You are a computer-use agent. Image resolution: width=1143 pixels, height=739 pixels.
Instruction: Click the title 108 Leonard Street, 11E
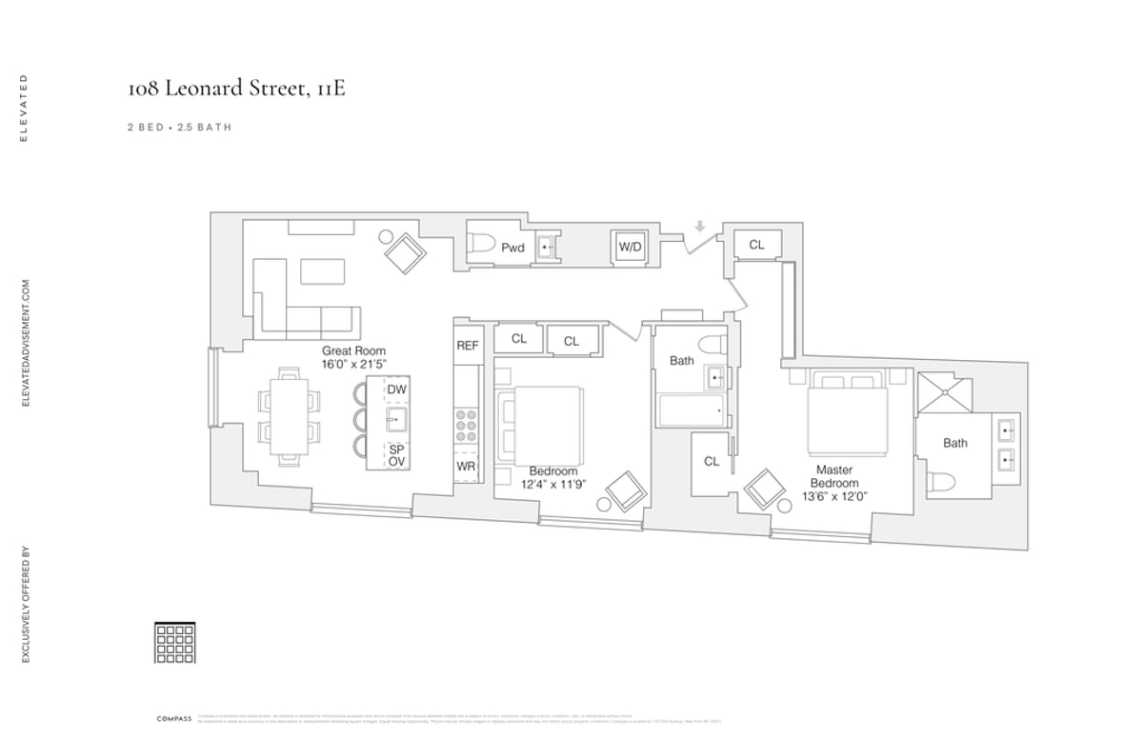(x=229, y=90)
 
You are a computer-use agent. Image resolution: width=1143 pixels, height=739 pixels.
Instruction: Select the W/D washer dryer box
(x=630, y=248)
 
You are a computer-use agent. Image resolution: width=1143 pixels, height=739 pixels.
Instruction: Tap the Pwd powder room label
(x=512, y=248)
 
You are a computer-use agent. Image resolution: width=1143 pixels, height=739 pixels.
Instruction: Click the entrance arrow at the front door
(x=699, y=227)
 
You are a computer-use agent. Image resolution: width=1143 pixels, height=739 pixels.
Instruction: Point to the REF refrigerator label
(x=467, y=346)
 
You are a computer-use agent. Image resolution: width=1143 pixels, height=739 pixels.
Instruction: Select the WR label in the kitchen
(x=466, y=467)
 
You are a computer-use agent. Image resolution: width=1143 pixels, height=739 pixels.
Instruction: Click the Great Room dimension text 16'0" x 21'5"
(x=353, y=365)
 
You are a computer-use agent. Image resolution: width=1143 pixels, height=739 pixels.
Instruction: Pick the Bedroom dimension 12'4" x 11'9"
(x=552, y=484)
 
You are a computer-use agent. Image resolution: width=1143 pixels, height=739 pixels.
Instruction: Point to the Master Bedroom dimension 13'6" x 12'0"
(x=833, y=495)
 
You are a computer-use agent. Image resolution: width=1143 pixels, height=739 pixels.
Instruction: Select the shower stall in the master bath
(x=944, y=391)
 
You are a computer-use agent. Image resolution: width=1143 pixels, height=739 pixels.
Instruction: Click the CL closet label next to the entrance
(x=756, y=245)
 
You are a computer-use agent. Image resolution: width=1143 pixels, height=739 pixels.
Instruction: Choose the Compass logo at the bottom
(x=174, y=717)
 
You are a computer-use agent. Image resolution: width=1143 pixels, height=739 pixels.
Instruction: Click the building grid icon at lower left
(x=174, y=642)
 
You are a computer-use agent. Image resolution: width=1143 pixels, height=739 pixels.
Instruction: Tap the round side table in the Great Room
(x=386, y=236)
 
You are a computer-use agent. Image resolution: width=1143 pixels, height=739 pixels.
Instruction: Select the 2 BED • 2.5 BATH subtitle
(x=179, y=127)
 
